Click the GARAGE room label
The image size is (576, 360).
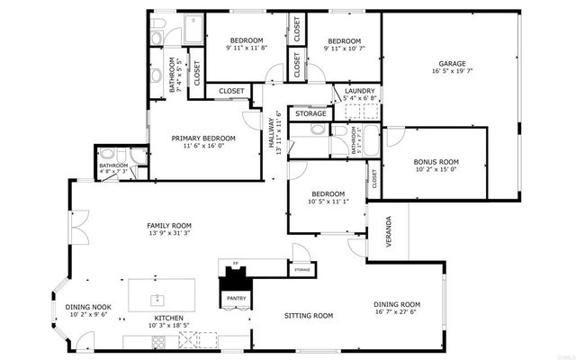coord(452,64)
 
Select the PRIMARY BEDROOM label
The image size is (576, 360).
coord(203,138)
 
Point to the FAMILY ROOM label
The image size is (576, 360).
coord(169,225)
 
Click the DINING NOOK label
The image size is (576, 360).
coord(88,307)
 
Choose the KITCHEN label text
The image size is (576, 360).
coord(168,318)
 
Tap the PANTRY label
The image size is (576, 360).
coord(236,298)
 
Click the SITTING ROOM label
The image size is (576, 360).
coord(309,316)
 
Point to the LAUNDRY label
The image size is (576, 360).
coord(359,90)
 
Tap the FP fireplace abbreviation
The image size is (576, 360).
coord(236,265)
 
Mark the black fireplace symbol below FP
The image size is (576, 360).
coord(235,279)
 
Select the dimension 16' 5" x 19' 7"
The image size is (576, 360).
coord(452,72)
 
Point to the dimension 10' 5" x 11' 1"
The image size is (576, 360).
coord(328,202)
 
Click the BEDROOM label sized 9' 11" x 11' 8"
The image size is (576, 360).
coord(246,41)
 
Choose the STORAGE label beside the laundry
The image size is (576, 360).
coord(311,113)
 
